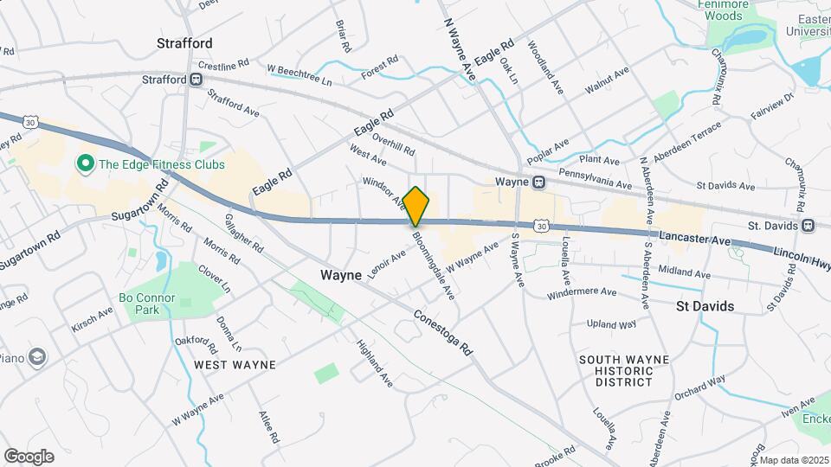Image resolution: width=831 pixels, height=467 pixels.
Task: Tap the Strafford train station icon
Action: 197,80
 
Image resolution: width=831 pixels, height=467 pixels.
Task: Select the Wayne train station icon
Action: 538,182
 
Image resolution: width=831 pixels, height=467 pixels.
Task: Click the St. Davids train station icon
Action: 808,226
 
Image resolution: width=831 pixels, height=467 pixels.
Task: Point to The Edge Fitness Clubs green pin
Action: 85,163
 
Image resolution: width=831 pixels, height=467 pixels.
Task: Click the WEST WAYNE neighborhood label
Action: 235,365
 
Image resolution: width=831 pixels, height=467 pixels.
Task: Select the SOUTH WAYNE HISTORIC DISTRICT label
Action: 615,370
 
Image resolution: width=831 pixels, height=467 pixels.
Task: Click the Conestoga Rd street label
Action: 443,332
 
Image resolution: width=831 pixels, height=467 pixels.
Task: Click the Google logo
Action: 29,456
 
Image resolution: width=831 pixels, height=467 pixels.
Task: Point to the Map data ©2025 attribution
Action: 794,460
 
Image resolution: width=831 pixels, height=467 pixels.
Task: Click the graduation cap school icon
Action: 37,356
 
